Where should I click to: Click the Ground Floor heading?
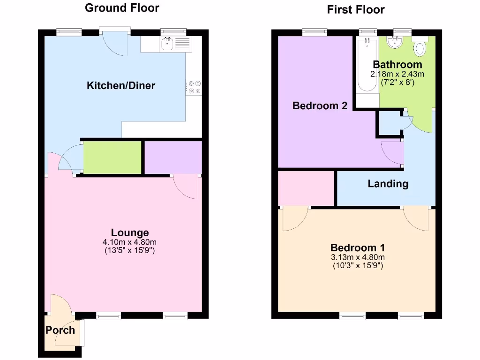(122, 8)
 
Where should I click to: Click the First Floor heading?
(356, 9)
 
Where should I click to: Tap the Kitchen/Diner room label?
(121, 85)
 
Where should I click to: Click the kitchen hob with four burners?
(194, 87)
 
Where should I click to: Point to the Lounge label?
(130, 232)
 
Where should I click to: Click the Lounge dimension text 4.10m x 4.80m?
(130, 242)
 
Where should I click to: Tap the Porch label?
(60, 330)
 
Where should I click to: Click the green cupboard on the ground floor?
(112, 157)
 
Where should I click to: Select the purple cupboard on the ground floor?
(173, 157)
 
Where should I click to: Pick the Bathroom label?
(397, 65)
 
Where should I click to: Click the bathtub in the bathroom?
(367, 66)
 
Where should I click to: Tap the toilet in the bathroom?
(420, 47)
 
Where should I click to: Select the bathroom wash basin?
(396, 42)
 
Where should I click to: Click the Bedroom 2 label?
(320, 106)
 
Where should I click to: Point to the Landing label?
(388, 184)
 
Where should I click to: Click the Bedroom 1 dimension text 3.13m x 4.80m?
(358, 257)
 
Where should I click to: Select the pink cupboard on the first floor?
(306, 188)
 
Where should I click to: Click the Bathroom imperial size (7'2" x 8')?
(397, 82)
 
